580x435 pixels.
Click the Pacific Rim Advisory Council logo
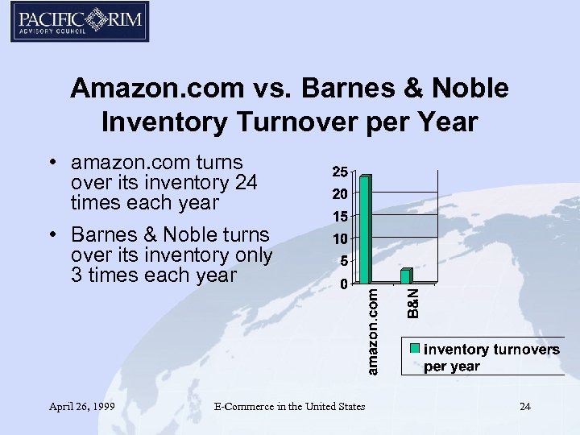pyautogui.click(x=79, y=22)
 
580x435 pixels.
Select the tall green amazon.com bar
pyautogui.click(x=365, y=230)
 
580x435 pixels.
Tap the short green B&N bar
pyautogui.click(x=406, y=275)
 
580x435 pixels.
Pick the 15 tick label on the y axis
pyautogui.click(x=341, y=217)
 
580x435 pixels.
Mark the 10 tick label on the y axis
pyautogui.click(x=341, y=239)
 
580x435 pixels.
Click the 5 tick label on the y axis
pyautogui.click(x=344, y=261)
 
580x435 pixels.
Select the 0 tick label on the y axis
pyautogui.click(x=344, y=284)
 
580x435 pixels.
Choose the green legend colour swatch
pyautogui.click(x=415, y=349)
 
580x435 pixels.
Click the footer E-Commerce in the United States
pyautogui.click(x=289, y=406)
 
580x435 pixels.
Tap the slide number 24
pyautogui.click(x=525, y=406)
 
